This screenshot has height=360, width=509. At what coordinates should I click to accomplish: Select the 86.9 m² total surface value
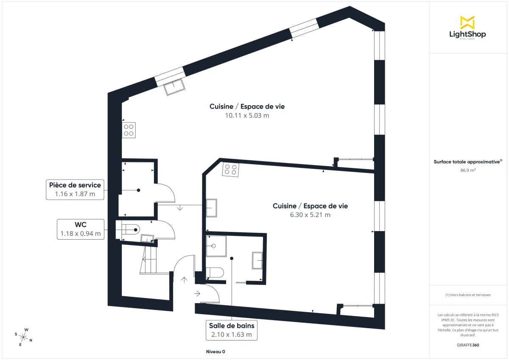[x=467, y=170]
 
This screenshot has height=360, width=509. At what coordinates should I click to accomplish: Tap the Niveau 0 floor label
[x=215, y=352]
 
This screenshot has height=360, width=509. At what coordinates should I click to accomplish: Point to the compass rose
[x=24, y=337]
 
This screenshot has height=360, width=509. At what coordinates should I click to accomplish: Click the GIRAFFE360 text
[x=467, y=345]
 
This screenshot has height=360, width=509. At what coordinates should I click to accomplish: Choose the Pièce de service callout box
[x=75, y=190]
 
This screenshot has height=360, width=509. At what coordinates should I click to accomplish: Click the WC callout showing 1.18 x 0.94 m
[x=81, y=229]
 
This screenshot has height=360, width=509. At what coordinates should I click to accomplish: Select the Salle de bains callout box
[x=232, y=330]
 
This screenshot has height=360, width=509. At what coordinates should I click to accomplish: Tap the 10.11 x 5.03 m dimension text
[x=247, y=115]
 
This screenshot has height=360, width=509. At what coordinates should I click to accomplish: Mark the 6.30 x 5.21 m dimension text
[x=310, y=215]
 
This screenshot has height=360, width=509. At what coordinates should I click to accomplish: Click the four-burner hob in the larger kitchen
[x=129, y=130]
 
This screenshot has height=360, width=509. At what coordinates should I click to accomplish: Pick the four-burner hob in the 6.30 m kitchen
[x=231, y=170]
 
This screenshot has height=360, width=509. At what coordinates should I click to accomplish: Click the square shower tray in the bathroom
[x=216, y=246]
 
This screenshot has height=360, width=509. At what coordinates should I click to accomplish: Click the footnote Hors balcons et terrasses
[x=467, y=295]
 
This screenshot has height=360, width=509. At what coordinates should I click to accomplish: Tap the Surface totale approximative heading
[x=467, y=162]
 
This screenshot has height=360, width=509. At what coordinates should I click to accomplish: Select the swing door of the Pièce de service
[x=166, y=193]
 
